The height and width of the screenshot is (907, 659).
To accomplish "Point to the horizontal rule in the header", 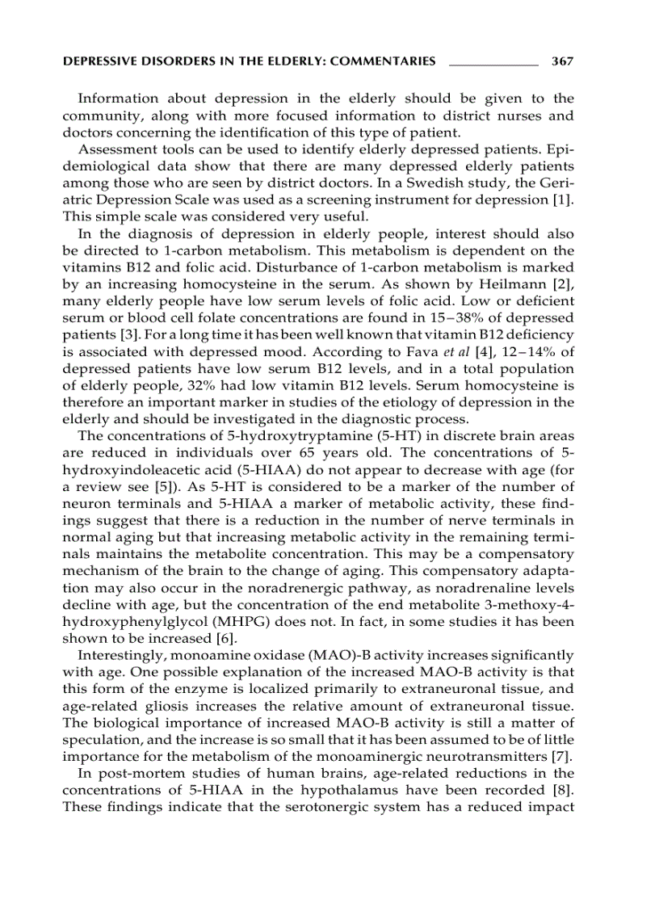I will point(493,62).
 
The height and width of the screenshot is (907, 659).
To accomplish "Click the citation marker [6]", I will point(204,639).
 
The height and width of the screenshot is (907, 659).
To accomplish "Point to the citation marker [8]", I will point(563,792).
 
